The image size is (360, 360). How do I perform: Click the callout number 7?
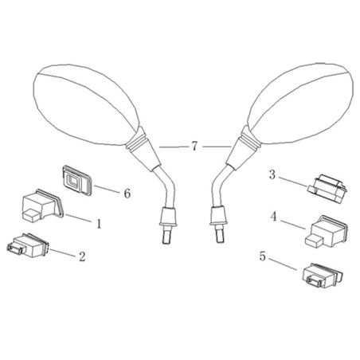[194, 147]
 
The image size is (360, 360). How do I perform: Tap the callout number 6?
[127, 194]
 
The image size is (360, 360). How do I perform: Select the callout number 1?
[99, 224]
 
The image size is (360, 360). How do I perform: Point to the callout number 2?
[82, 256]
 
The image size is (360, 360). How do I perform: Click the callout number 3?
[272, 175]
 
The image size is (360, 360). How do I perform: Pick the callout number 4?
[273, 217]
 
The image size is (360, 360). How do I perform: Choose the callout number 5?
[262, 256]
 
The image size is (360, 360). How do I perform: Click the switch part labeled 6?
[77, 180]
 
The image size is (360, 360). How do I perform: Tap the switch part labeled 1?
[43, 205]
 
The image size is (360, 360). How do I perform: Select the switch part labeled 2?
[28, 245]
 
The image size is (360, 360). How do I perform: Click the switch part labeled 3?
[327, 188]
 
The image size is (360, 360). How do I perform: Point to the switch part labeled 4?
[327, 232]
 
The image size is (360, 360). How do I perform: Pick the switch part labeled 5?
[323, 276]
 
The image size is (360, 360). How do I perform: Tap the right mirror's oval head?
[301, 103]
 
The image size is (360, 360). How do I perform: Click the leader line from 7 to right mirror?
[217, 147]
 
